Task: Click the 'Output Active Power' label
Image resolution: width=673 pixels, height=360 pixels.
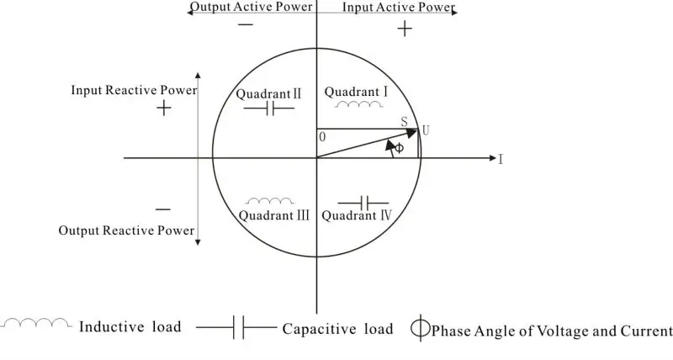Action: click(x=251, y=7)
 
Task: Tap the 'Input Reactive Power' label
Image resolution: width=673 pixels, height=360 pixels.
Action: click(x=134, y=89)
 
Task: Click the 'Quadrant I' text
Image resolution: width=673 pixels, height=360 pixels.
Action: click(x=356, y=91)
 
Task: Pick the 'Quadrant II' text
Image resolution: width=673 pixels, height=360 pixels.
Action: click(x=262, y=93)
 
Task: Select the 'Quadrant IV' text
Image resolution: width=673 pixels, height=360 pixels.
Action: click(x=363, y=214)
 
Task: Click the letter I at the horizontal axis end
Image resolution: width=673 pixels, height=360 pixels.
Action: click(x=501, y=158)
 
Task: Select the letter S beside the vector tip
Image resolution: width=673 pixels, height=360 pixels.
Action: click(x=404, y=123)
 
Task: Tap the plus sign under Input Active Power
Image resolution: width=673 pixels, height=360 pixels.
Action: click(x=405, y=29)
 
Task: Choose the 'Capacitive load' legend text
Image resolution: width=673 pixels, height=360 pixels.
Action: click(x=337, y=329)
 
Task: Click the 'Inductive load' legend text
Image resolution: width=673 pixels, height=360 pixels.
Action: click(x=130, y=327)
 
